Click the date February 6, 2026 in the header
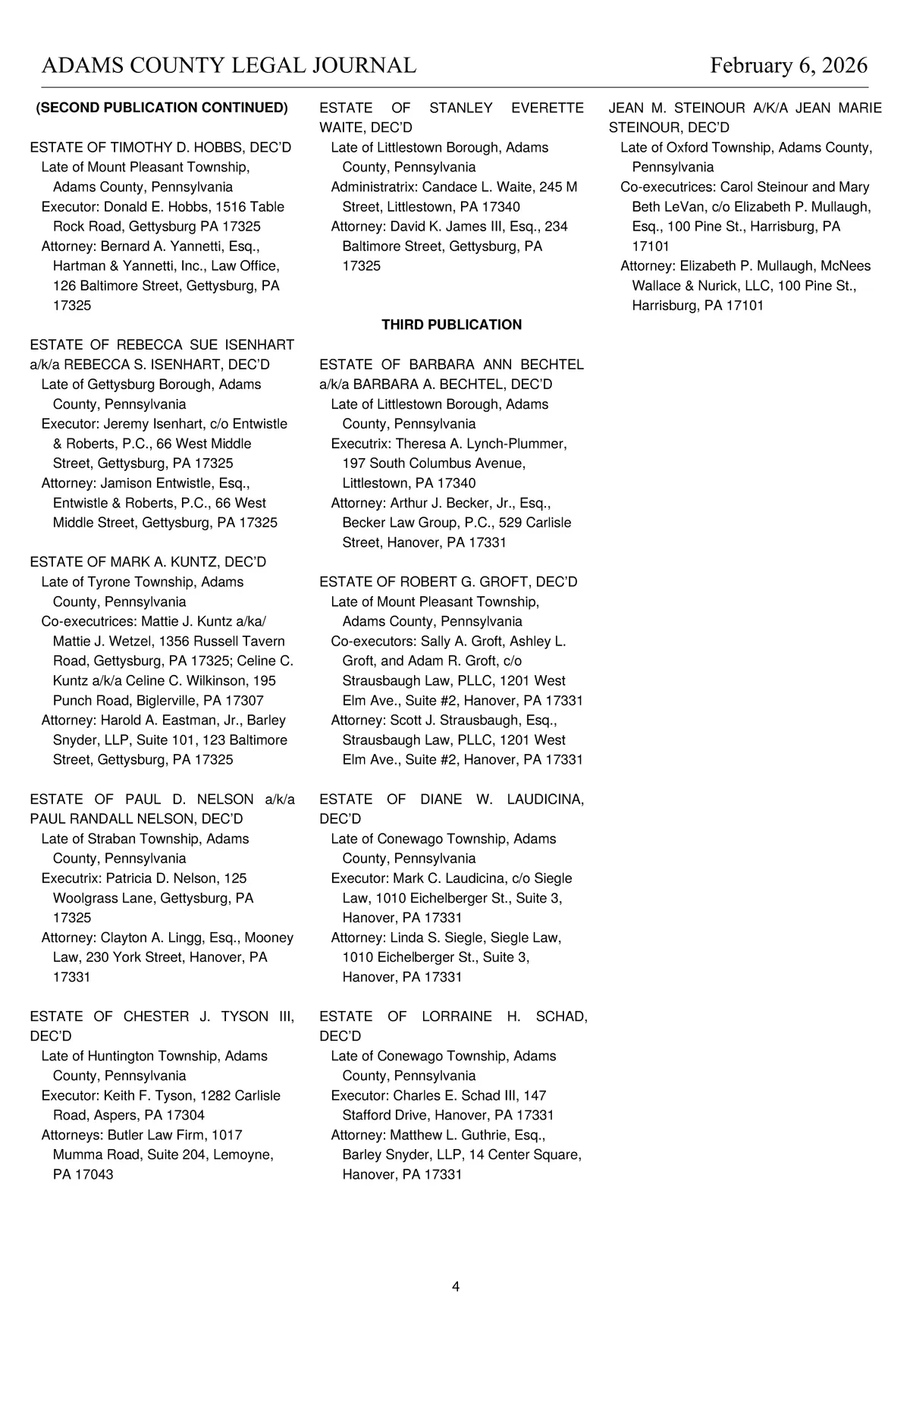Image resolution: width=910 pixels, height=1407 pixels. click(789, 66)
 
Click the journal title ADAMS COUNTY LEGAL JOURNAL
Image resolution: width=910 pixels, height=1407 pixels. click(228, 66)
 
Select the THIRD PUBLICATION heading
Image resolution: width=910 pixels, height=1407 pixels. click(451, 325)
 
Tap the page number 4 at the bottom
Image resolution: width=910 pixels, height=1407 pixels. click(455, 1286)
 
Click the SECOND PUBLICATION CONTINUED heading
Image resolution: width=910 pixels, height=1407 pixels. click(162, 108)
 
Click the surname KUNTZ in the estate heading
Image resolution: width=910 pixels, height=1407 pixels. click(182, 562)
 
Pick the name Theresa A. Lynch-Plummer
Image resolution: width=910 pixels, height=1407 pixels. click(481, 444)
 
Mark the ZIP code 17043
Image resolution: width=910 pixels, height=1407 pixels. click(93, 1174)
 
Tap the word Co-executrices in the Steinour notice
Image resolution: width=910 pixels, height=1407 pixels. click(668, 187)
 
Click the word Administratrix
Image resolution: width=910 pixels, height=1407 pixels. click(374, 187)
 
